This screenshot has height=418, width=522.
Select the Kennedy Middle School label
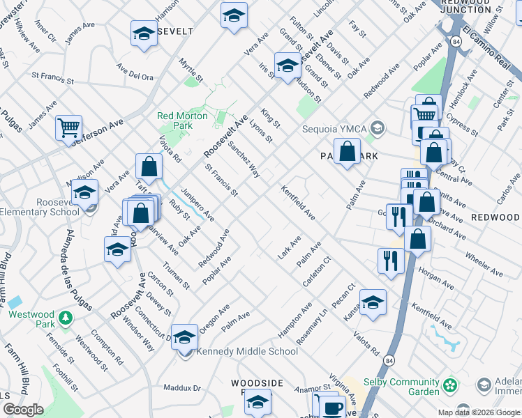(x=248, y=351)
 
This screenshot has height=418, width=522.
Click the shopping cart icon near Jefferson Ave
(x=68, y=127)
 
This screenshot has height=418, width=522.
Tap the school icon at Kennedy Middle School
(x=184, y=337)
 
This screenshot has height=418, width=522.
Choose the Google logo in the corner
(x=23, y=410)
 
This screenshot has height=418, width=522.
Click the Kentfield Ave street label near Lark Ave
(x=298, y=203)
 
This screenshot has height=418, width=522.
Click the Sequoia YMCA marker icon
(x=378, y=127)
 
